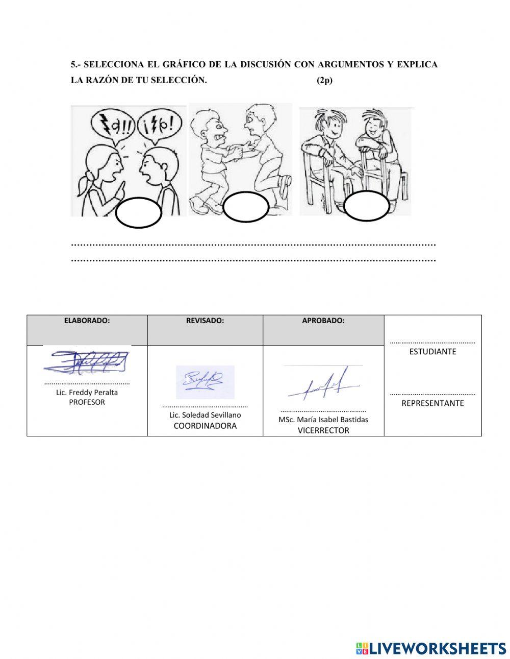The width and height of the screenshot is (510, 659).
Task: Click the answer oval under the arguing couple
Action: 138,213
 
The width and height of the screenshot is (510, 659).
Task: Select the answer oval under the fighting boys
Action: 246,207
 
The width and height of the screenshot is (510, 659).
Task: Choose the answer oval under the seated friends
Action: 366,206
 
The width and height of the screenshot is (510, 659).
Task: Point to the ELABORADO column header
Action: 87,321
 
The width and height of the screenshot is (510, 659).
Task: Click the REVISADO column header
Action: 205,321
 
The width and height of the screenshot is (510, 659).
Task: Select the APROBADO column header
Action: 323,321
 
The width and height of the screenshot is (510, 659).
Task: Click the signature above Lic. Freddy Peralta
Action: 86,362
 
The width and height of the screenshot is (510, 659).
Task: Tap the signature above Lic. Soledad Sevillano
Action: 205,381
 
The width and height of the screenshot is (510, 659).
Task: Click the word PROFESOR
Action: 87,402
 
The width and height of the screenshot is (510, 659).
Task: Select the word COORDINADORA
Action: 205,426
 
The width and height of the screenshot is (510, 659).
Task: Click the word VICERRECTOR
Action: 323,430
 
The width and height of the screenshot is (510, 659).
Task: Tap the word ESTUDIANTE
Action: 432,352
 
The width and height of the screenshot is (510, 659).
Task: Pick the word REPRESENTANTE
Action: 432,403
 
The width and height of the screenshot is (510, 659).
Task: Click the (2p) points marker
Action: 324,80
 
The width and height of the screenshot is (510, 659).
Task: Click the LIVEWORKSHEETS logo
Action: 431,648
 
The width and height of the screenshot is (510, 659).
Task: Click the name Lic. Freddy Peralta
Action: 87,393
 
